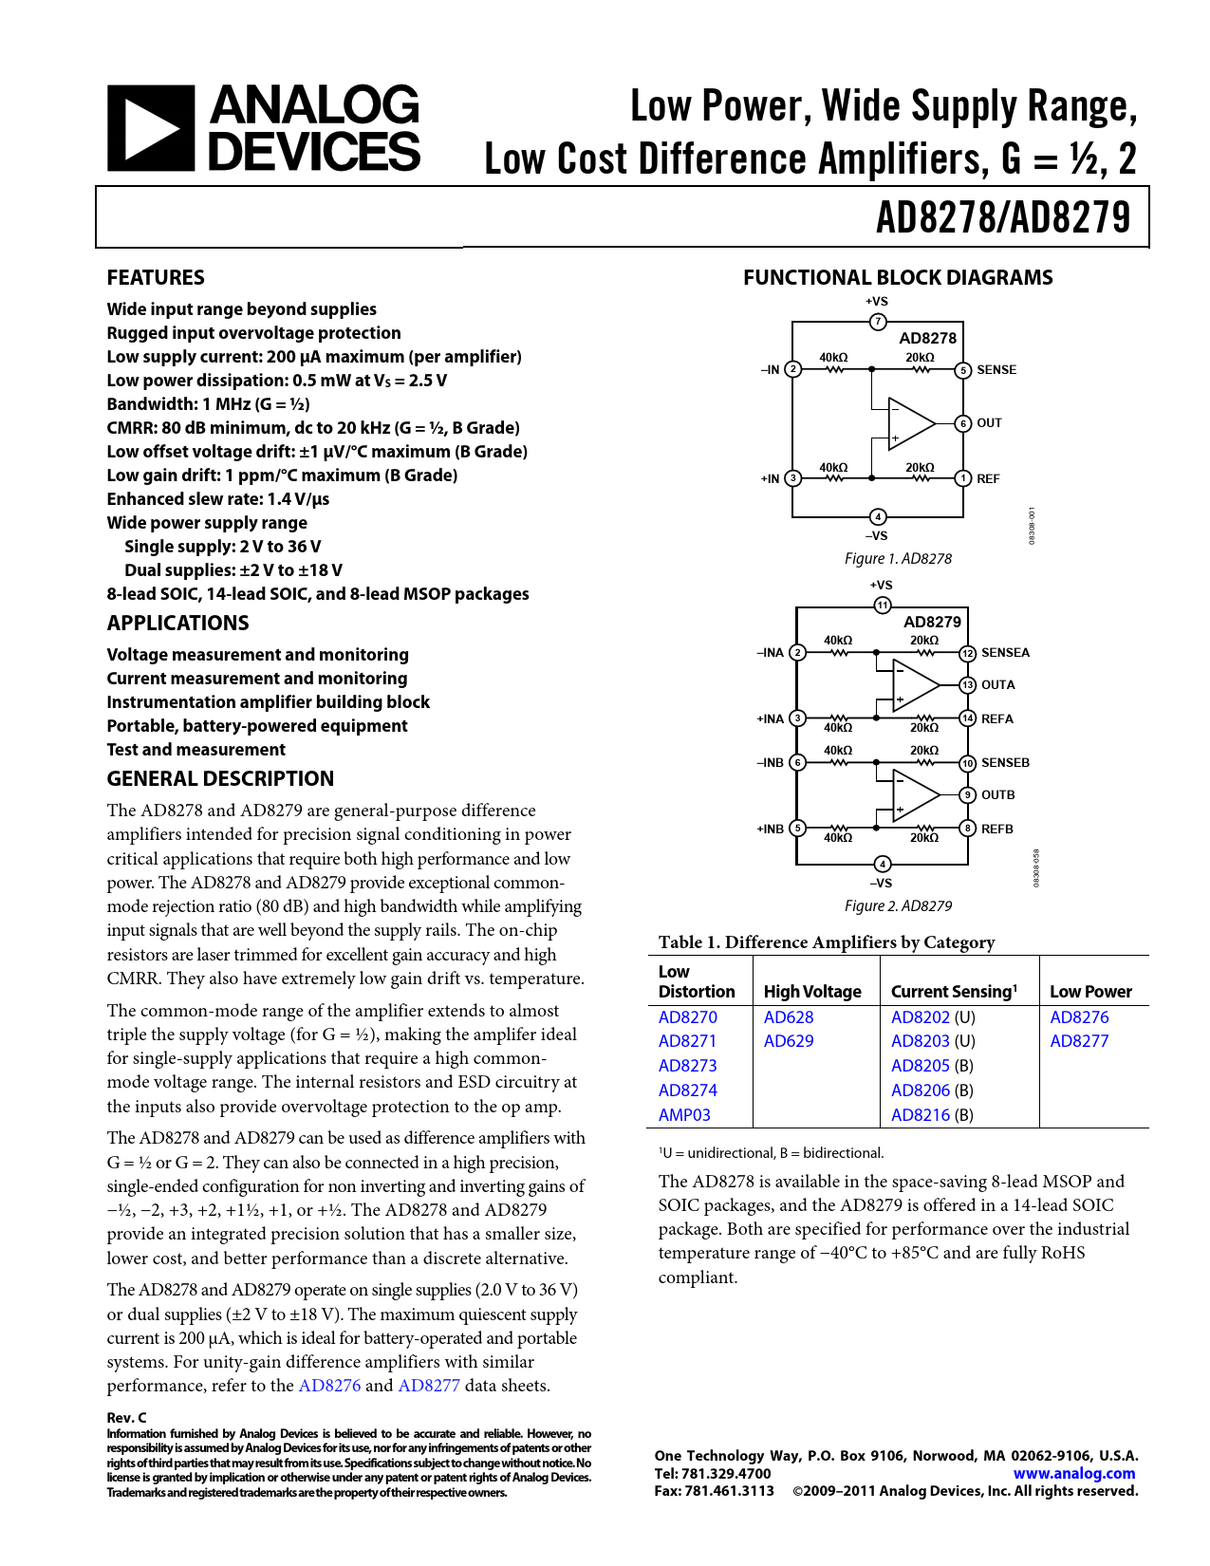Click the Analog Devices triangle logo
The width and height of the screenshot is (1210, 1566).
tap(150, 129)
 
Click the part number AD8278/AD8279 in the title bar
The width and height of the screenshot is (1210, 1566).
tap(1003, 217)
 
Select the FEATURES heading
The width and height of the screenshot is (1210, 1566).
tap(156, 277)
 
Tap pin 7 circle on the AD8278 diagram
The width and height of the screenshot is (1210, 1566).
tap(878, 322)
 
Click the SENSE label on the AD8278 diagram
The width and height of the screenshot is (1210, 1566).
tap(996, 370)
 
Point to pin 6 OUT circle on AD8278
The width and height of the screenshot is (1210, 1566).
tap(963, 423)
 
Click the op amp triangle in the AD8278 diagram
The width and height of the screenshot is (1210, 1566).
tap(909, 423)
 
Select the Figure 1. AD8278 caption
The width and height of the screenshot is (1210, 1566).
tap(898, 559)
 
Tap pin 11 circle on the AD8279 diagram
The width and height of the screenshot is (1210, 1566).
tap(883, 606)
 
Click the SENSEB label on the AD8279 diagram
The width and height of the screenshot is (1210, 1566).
tap(1005, 763)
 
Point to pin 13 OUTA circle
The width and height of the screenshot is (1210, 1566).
tap(967, 685)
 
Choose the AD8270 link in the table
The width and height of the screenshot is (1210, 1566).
tap(688, 1017)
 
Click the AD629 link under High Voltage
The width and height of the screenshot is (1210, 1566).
tap(789, 1041)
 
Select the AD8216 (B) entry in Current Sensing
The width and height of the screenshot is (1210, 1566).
tap(932, 1115)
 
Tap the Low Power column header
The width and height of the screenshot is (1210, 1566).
tap(1090, 992)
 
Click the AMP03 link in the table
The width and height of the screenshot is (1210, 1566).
tap(684, 1115)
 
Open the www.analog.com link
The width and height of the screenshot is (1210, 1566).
tap(1074, 1474)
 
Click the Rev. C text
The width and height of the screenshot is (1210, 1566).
tap(127, 1418)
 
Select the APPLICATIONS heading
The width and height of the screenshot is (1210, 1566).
tap(177, 623)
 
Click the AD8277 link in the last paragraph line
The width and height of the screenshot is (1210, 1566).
tap(429, 1386)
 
